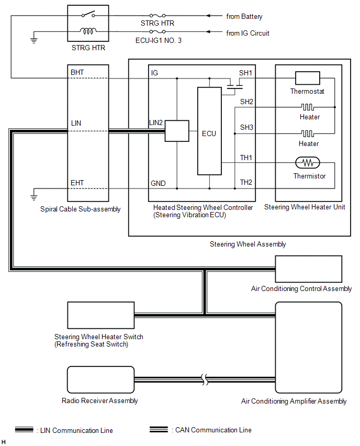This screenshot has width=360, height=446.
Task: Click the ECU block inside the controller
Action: pyautogui.click(x=209, y=131)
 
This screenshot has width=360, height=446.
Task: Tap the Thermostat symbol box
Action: pyautogui.click(x=307, y=78)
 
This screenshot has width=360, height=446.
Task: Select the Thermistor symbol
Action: pyautogui.click(x=309, y=163)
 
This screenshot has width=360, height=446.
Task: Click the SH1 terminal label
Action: pyautogui.click(x=246, y=73)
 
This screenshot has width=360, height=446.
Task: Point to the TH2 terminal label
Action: pyautogui.click(x=246, y=182)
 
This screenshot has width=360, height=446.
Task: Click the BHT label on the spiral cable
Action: pyautogui.click(x=77, y=72)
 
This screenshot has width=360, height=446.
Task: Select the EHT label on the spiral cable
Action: pyautogui.click(x=77, y=183)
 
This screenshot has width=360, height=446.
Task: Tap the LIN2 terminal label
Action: pyautogui.click(x=156, y=122)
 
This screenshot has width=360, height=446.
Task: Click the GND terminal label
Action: pyautogui.click(x=158, y=183)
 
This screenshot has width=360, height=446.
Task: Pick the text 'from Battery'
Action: pyautogui.click(x=244, y=17)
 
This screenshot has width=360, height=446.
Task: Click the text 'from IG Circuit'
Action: pyautogui.click(x=248, y=33)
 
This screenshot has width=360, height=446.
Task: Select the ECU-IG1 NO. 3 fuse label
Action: pyautogui.click(x=157, y=40)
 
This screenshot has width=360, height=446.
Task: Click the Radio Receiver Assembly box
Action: pyautogui.click(x=99, y=380)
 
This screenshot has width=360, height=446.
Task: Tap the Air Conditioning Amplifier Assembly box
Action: pyautogui.click(x=309, y=348)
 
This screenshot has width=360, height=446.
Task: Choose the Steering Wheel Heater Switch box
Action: pyautogui.click(x=100, y=315)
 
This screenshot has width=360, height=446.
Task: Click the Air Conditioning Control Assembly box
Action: pyautogui.click(x=309, y=269)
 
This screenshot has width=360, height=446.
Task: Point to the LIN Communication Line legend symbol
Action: pyautogui.click(x=25, y=430)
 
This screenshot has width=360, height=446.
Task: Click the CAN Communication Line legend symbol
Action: pyautogui.click(x=159, y=430)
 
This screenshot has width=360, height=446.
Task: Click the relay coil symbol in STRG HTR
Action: pyautogui.click(x=88, y=32)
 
